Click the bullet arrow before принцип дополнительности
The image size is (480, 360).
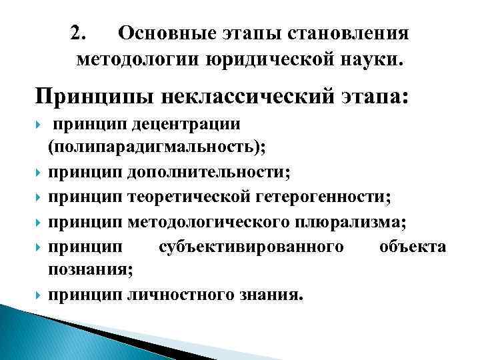click(x=41, y=173)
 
